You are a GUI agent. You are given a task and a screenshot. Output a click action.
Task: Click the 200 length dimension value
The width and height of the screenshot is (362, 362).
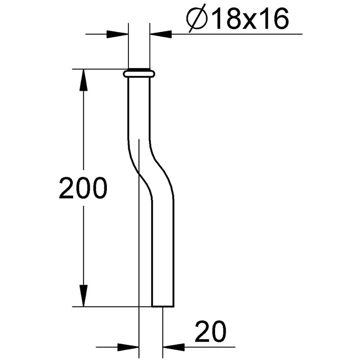(x=83, y=188)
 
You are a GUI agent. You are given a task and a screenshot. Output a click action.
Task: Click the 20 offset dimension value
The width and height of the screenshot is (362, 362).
(x=211, y=331)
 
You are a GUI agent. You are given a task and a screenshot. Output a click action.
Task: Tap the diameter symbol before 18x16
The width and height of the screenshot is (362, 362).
(x=197, y=19)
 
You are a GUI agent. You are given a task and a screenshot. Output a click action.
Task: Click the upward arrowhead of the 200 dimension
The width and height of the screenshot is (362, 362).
(x=83, y=79)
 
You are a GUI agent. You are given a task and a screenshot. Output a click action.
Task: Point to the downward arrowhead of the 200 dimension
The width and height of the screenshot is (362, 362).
(x=83, y=296)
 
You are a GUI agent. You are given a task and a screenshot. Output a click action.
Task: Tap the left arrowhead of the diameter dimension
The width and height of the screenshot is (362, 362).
(x=117, y=34)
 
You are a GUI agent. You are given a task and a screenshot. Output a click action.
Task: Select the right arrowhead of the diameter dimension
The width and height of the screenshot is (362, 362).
(x=161, y=34)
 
